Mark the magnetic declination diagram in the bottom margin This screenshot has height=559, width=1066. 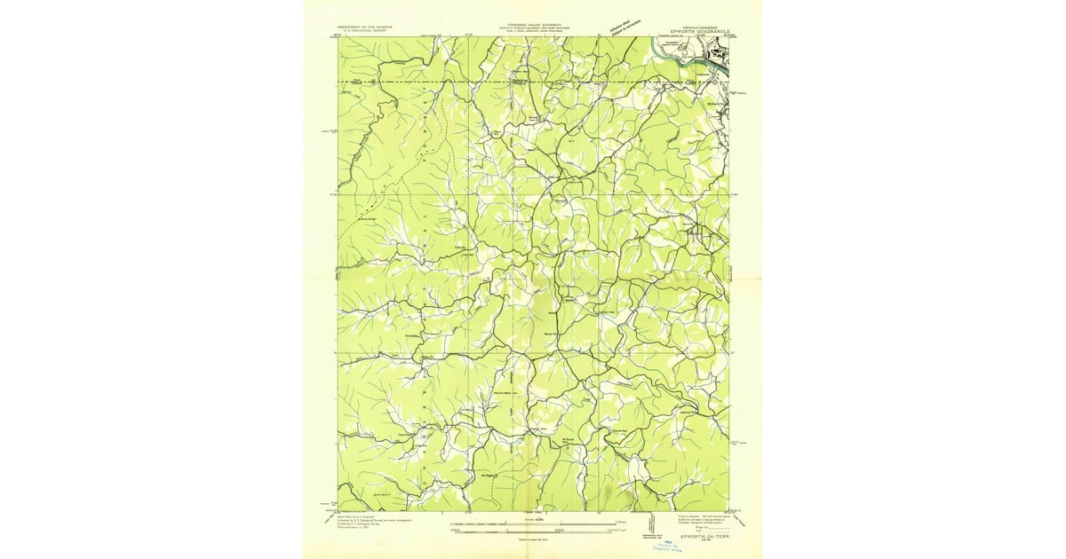652,524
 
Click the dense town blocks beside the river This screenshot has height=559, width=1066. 715,58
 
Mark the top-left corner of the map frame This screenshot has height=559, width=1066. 338,37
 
